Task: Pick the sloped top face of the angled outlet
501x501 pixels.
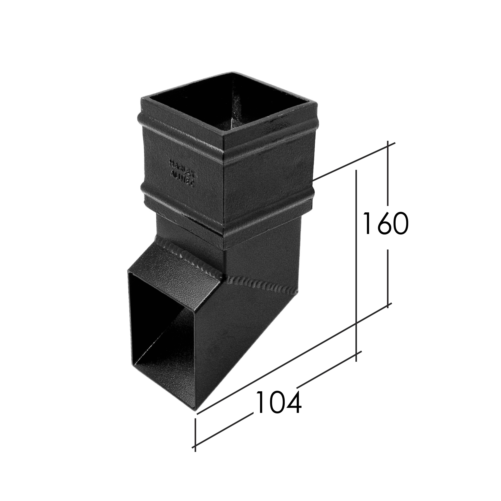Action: [x=176, y=267]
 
